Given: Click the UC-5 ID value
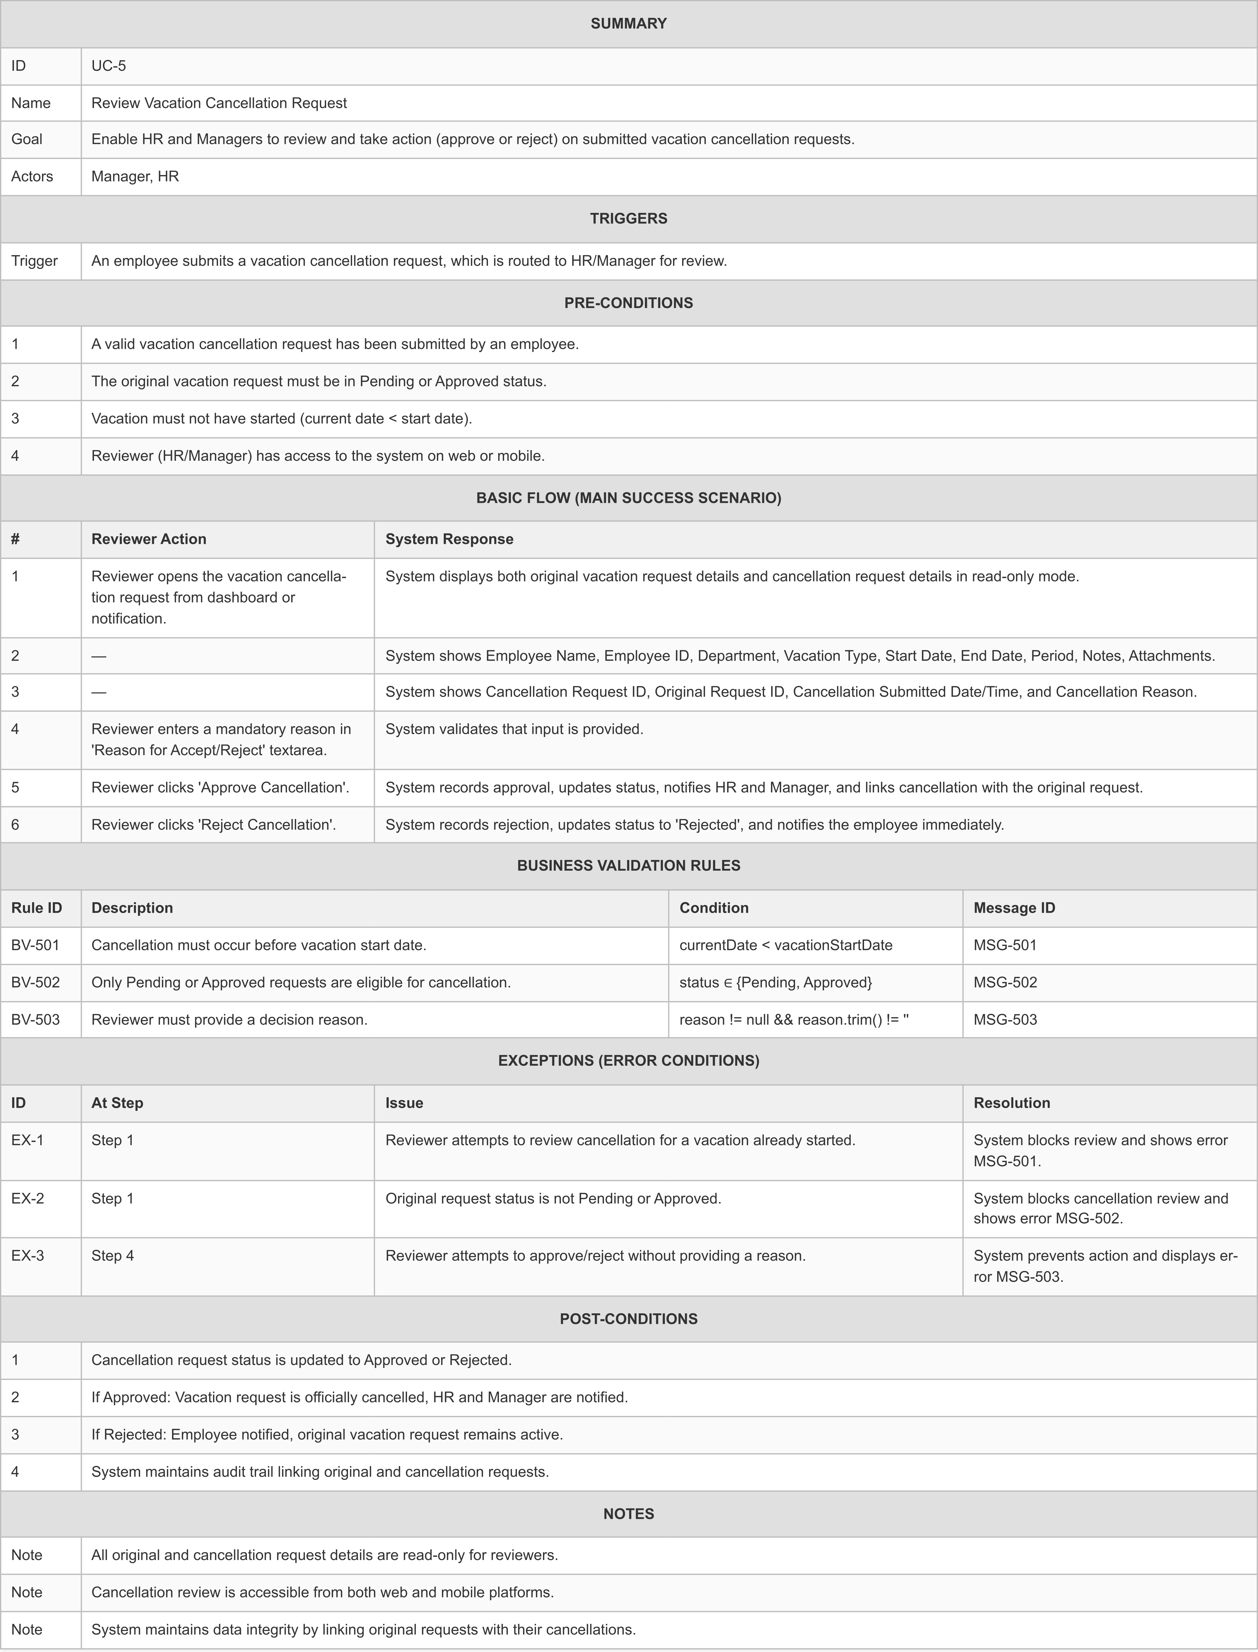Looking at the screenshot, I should (109, 66).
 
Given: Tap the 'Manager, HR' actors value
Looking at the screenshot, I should (135, 177).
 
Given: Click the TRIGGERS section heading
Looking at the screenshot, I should (628, 219).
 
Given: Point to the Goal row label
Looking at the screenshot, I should (27, 139).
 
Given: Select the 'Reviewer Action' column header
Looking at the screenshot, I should (148, 539).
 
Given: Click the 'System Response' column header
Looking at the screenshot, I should (449, 539).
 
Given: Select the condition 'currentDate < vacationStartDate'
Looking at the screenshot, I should (785, 945).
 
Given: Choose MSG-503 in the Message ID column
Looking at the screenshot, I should (1005, 1020).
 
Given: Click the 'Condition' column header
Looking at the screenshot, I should (714, 908).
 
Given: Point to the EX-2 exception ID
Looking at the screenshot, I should (28, 1198).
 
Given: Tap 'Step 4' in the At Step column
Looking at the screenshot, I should (112, 1256).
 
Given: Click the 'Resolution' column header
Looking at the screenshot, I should (1012, 1103).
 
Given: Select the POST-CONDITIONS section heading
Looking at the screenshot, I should (628, 1319).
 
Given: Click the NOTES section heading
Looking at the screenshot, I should (628, 1513).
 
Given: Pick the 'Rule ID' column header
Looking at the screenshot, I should (37, 908).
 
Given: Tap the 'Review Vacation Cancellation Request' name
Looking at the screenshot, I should (219, 103).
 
